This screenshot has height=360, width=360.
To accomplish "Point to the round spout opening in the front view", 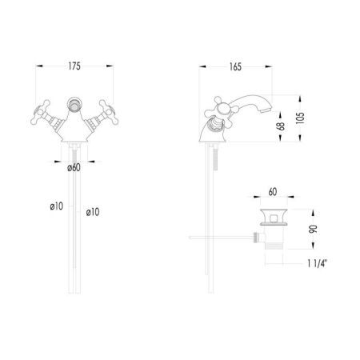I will pos(73,102).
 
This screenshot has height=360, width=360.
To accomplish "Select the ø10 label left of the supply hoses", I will pos(57,206).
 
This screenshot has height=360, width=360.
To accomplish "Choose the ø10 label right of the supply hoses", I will pos(94,211).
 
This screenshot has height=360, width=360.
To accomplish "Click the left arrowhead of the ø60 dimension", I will pos(61,158).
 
